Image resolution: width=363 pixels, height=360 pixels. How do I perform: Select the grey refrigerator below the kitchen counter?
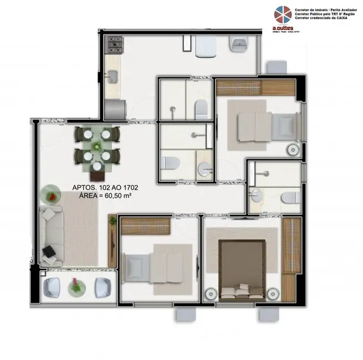114,107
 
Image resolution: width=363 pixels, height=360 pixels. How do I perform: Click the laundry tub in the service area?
240,44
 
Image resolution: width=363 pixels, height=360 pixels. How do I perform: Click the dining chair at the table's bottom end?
98,166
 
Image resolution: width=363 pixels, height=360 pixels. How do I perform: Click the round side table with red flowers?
52,195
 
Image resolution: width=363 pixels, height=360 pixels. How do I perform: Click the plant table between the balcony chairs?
75,287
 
